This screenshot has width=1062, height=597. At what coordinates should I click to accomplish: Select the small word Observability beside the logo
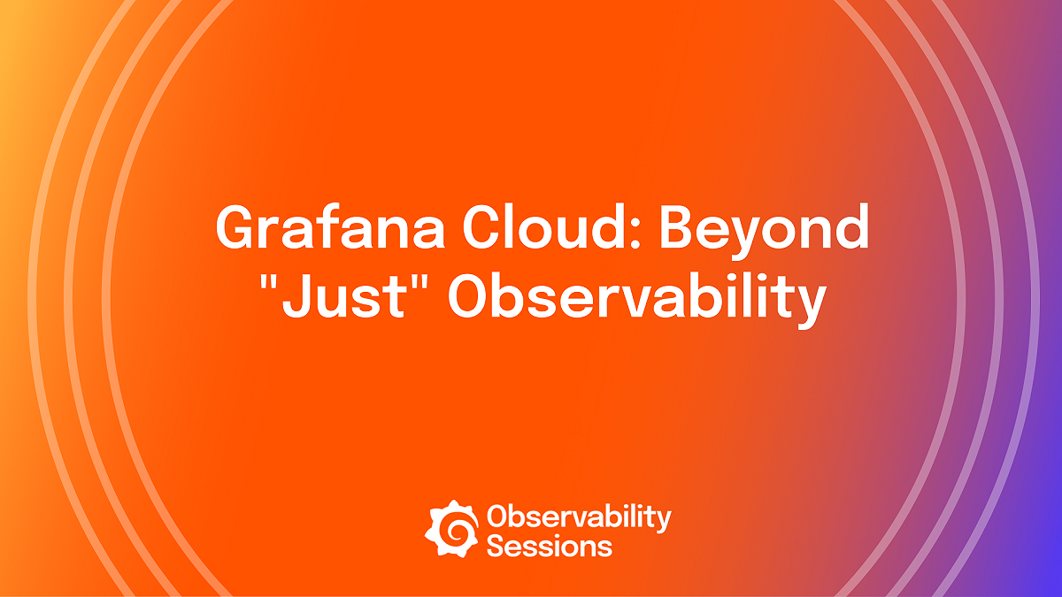tap(579, 517)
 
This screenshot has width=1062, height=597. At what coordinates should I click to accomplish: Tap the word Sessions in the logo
tap(549, 545)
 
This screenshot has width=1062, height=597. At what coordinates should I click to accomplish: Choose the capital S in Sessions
tap(496, 545)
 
